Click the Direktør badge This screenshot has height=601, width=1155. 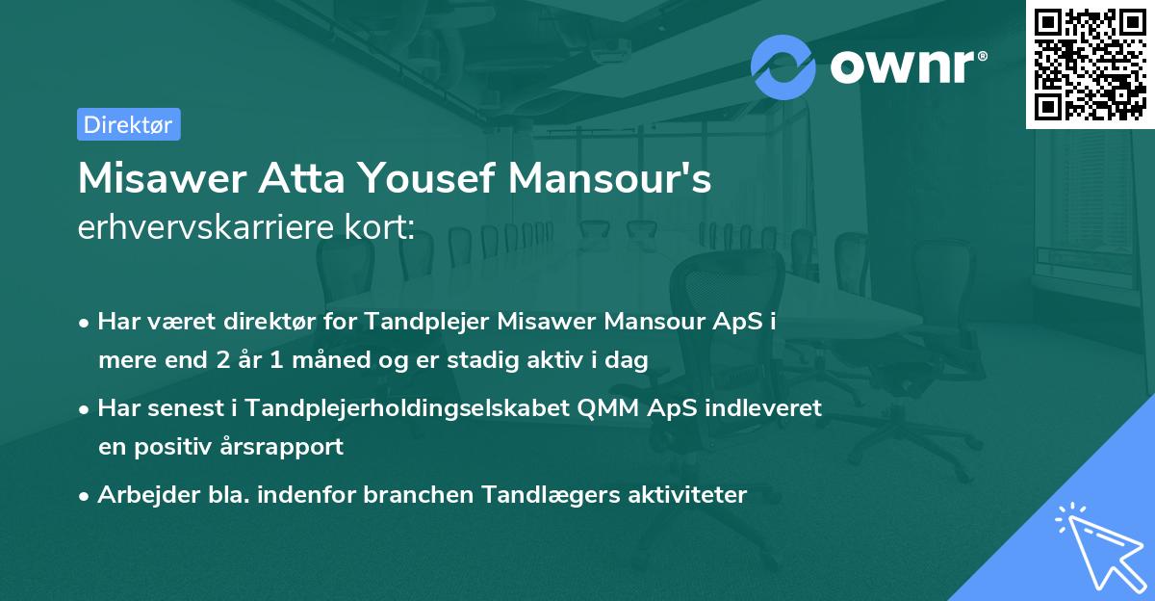pos(128,124)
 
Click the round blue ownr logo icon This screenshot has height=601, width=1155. pos(783,66)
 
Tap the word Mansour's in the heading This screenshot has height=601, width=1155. pos(616,178)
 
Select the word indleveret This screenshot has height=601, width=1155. pos(766,407)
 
